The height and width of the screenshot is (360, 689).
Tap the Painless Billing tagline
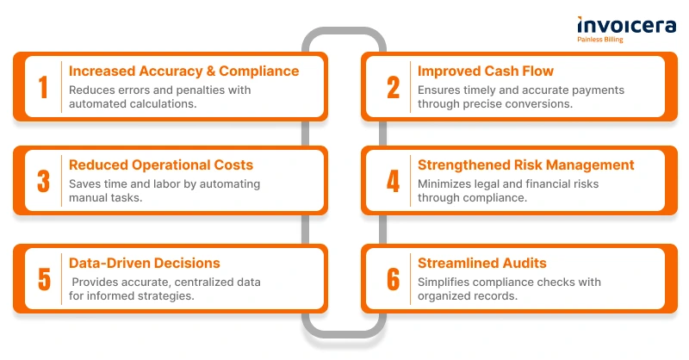(600, 40)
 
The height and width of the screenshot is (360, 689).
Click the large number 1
(43, 87)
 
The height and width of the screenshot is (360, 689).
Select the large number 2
(394, 87)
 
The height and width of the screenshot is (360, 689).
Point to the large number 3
(44, 181)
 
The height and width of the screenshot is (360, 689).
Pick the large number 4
(394, 181)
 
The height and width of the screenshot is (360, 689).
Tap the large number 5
(44, 279)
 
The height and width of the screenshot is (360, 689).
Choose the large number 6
(394, 279)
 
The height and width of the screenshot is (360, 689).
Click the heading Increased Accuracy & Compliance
(183, 71)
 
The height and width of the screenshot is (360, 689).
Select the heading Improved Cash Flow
(486, 71)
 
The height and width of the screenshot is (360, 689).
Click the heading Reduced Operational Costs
(161, 164)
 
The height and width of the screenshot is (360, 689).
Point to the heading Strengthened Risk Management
(526, 164)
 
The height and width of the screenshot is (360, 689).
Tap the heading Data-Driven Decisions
(145, 263)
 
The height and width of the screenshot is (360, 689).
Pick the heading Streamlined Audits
(482, 263)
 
